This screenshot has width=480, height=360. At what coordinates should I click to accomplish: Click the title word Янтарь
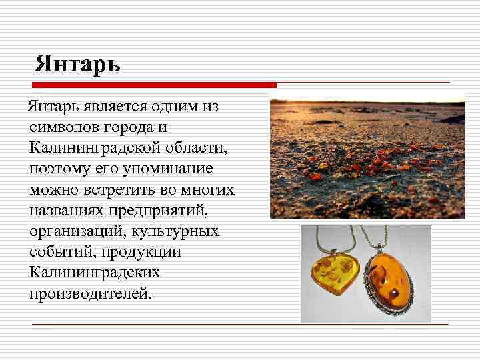pos(78,64)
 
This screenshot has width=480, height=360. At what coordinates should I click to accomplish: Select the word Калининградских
pos(95,273)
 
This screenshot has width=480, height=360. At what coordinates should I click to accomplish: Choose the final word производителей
pos(90,294)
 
